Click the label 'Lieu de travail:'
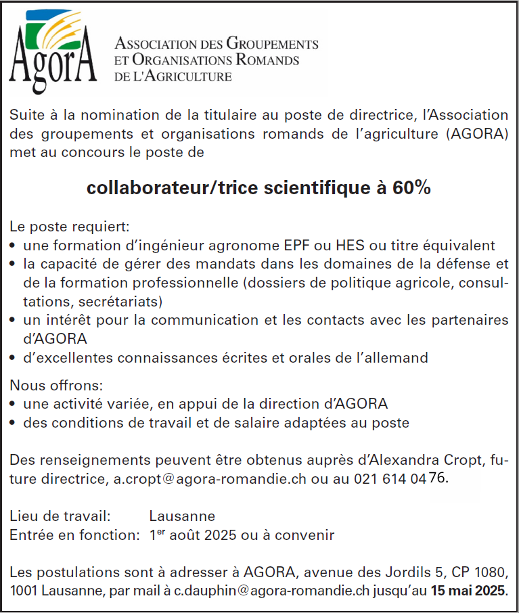click(x=60, y=517)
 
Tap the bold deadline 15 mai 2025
click(x=468, y=589)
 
